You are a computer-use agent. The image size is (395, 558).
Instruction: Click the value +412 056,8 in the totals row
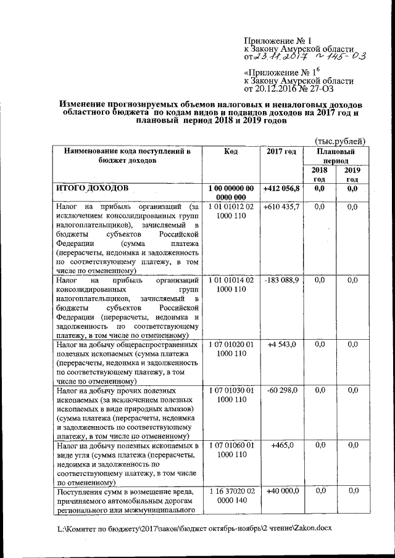pyautogui.click(x=281, y=188)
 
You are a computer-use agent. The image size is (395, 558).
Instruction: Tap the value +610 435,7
pyautogui.click(x=281, y=206)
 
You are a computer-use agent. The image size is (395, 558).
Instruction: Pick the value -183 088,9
pyautogui.click(x=281, y=281)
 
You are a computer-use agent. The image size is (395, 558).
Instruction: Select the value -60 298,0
pyautogui.click(x=282, y=390)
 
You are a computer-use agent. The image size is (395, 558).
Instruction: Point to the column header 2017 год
pyautogui.click(x=281, y=151)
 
